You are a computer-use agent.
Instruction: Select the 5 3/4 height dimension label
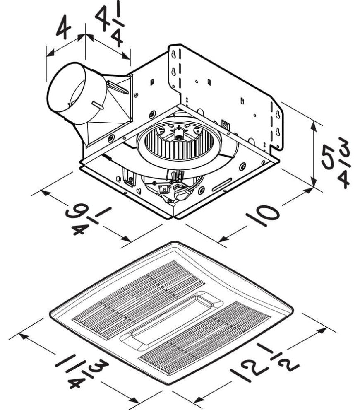tap(336, 162)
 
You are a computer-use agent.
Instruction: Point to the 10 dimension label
tap(263, 216)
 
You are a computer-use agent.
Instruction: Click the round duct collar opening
tap(66, 93)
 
